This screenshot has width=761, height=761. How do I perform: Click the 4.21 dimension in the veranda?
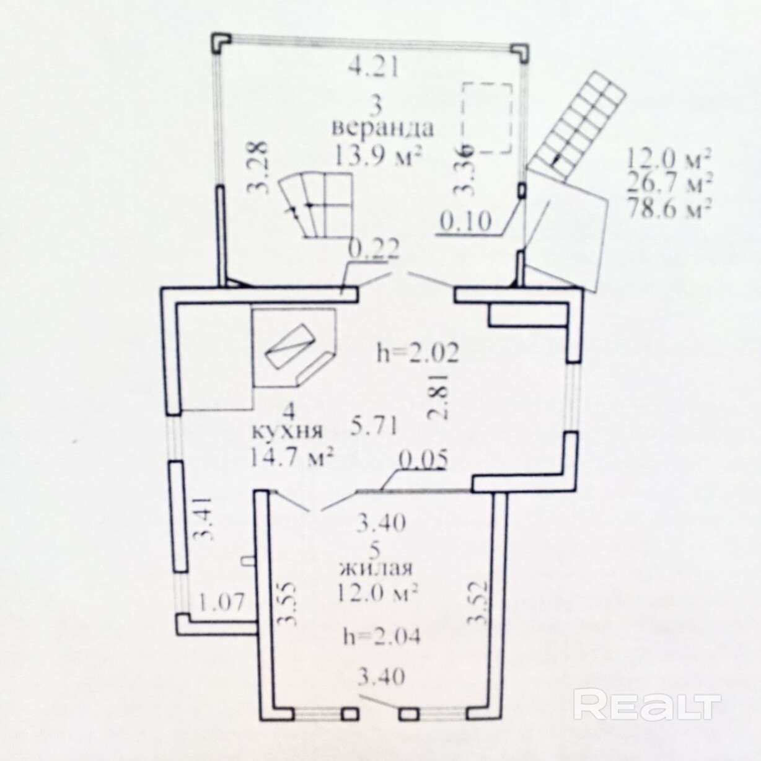[x=372, y=68]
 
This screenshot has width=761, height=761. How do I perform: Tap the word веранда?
[x=382, y=128]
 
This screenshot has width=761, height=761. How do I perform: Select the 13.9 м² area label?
[x=378, y=155]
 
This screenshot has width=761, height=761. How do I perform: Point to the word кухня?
[x=287, y=431]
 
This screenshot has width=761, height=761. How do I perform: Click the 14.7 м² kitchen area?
[x=293, y=458]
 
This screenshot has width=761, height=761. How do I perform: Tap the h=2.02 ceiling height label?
[x=418, y=354]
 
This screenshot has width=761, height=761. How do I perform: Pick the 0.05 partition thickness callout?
[x=423, y=460]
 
